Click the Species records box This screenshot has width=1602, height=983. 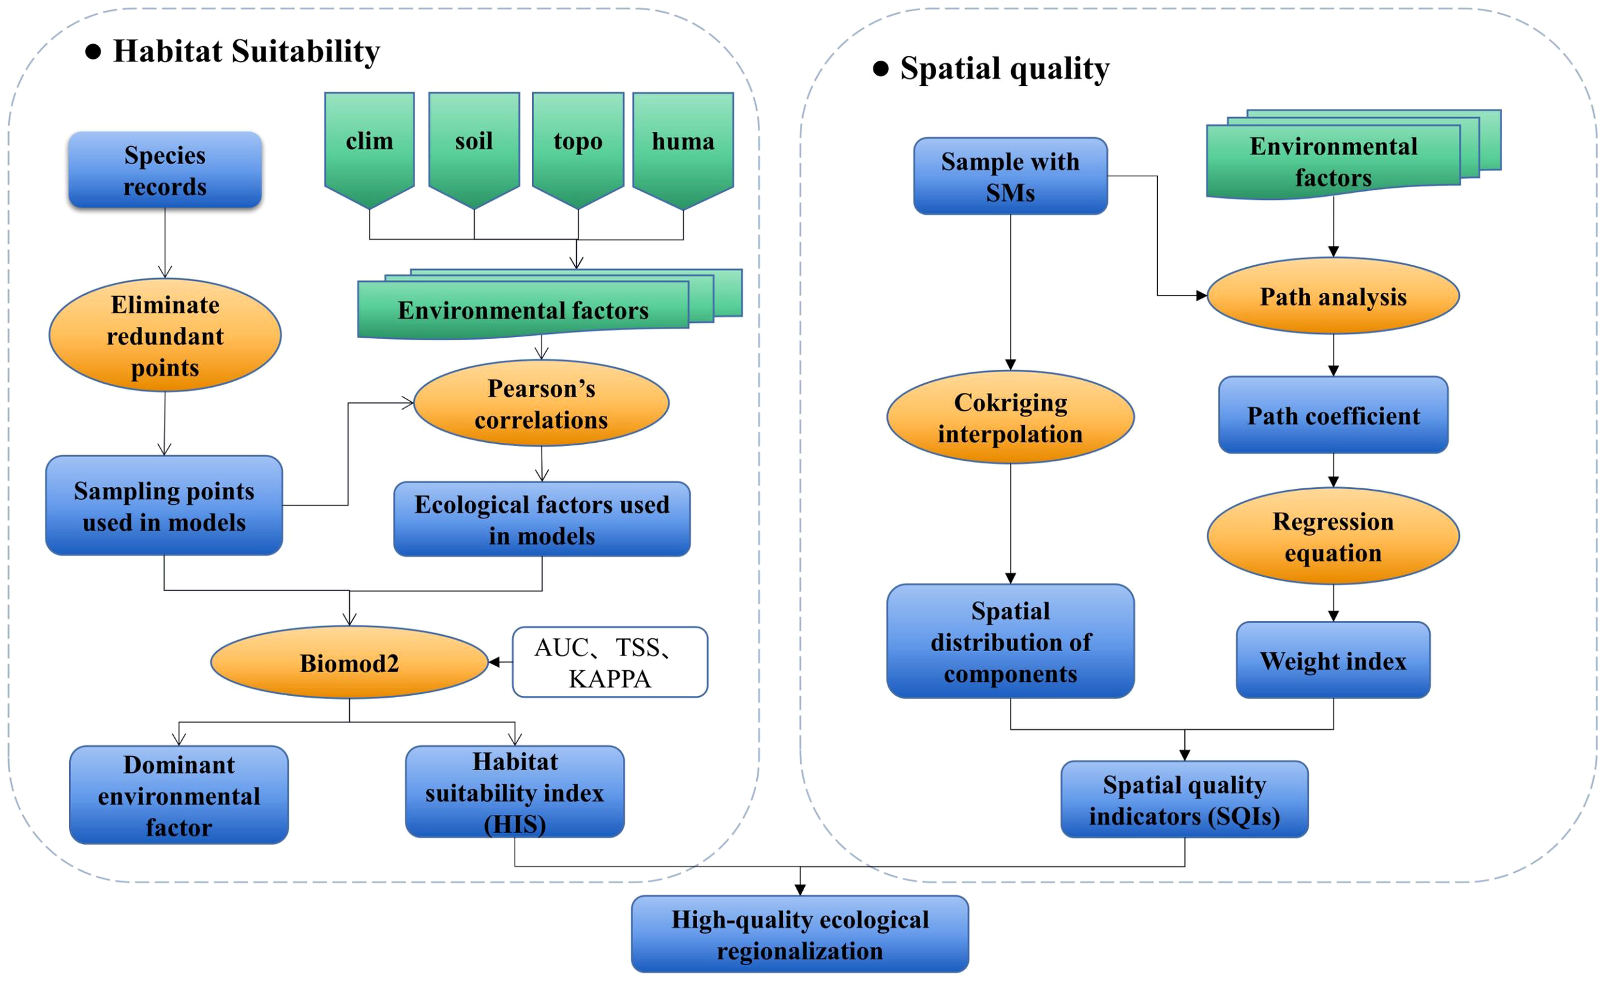pos(165,170)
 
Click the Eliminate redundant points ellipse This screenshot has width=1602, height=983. pos(165,336)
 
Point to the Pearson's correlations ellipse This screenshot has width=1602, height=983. pos(541,404)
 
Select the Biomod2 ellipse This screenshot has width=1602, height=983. pos(349,663)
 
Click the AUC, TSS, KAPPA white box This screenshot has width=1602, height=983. pos(610,663)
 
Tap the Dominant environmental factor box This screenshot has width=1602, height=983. pos(179,795)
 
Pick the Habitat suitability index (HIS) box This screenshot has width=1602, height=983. pos(515,792)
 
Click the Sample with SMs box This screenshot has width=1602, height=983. pos(1011,176)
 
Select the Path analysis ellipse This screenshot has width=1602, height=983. pos(1333,297)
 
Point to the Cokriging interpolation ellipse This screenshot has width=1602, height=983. pos(1011,417)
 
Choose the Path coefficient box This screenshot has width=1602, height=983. pos(1333,415)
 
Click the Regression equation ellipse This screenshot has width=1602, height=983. pos(1333,536)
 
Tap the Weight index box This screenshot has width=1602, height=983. pos(1333,661)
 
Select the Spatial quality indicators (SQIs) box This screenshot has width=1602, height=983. pos(1184,800)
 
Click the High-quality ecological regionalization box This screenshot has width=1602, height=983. pos(800,935)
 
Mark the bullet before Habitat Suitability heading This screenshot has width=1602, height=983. pos(94,52)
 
